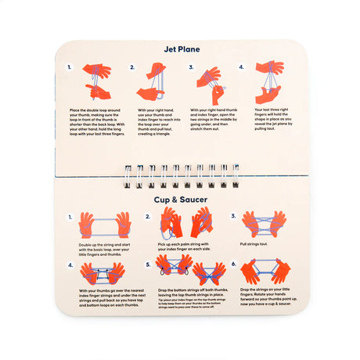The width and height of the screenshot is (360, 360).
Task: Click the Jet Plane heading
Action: [x=180, y=49]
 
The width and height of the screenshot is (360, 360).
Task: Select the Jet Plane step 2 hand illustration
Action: [x=153, y=81]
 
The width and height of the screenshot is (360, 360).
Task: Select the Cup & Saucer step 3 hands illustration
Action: [x=262, y=224]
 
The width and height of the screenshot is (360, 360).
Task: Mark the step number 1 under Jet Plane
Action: [x=69, y=68]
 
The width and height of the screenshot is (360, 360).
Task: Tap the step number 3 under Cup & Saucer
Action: [x=233, y=214]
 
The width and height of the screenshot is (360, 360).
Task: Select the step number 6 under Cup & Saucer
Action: [x=233, y=264]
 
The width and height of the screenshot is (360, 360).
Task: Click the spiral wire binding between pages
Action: [x=180, y=176]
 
